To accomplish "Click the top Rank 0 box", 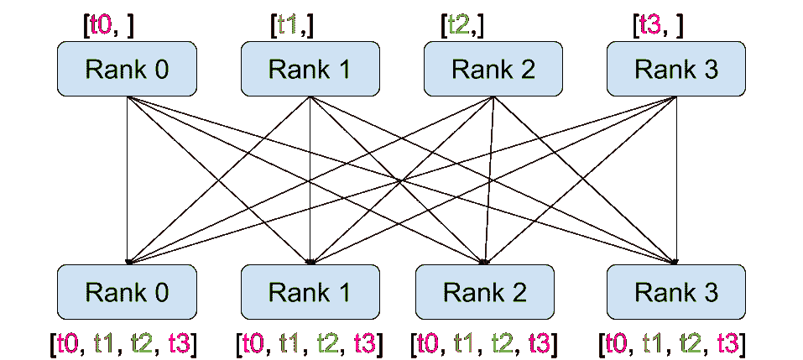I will coord(126,69).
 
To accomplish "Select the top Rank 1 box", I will coord(310,69).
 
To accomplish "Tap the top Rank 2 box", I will coord(493,69).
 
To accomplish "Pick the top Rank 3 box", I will coord(676,69).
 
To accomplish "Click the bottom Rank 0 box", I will coord(126,291).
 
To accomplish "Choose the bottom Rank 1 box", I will coord(310,291).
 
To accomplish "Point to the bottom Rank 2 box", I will coord(485,291).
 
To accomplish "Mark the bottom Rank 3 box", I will coord(676,291).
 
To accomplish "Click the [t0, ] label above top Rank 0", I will coord(108,24).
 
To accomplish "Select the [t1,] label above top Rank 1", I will coord(292,24).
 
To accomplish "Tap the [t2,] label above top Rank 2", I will coord(462,24).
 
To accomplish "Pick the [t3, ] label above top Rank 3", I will coord(658,24).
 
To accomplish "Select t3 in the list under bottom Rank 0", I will coord(180,342).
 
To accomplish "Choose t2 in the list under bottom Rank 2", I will coord(503,342).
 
